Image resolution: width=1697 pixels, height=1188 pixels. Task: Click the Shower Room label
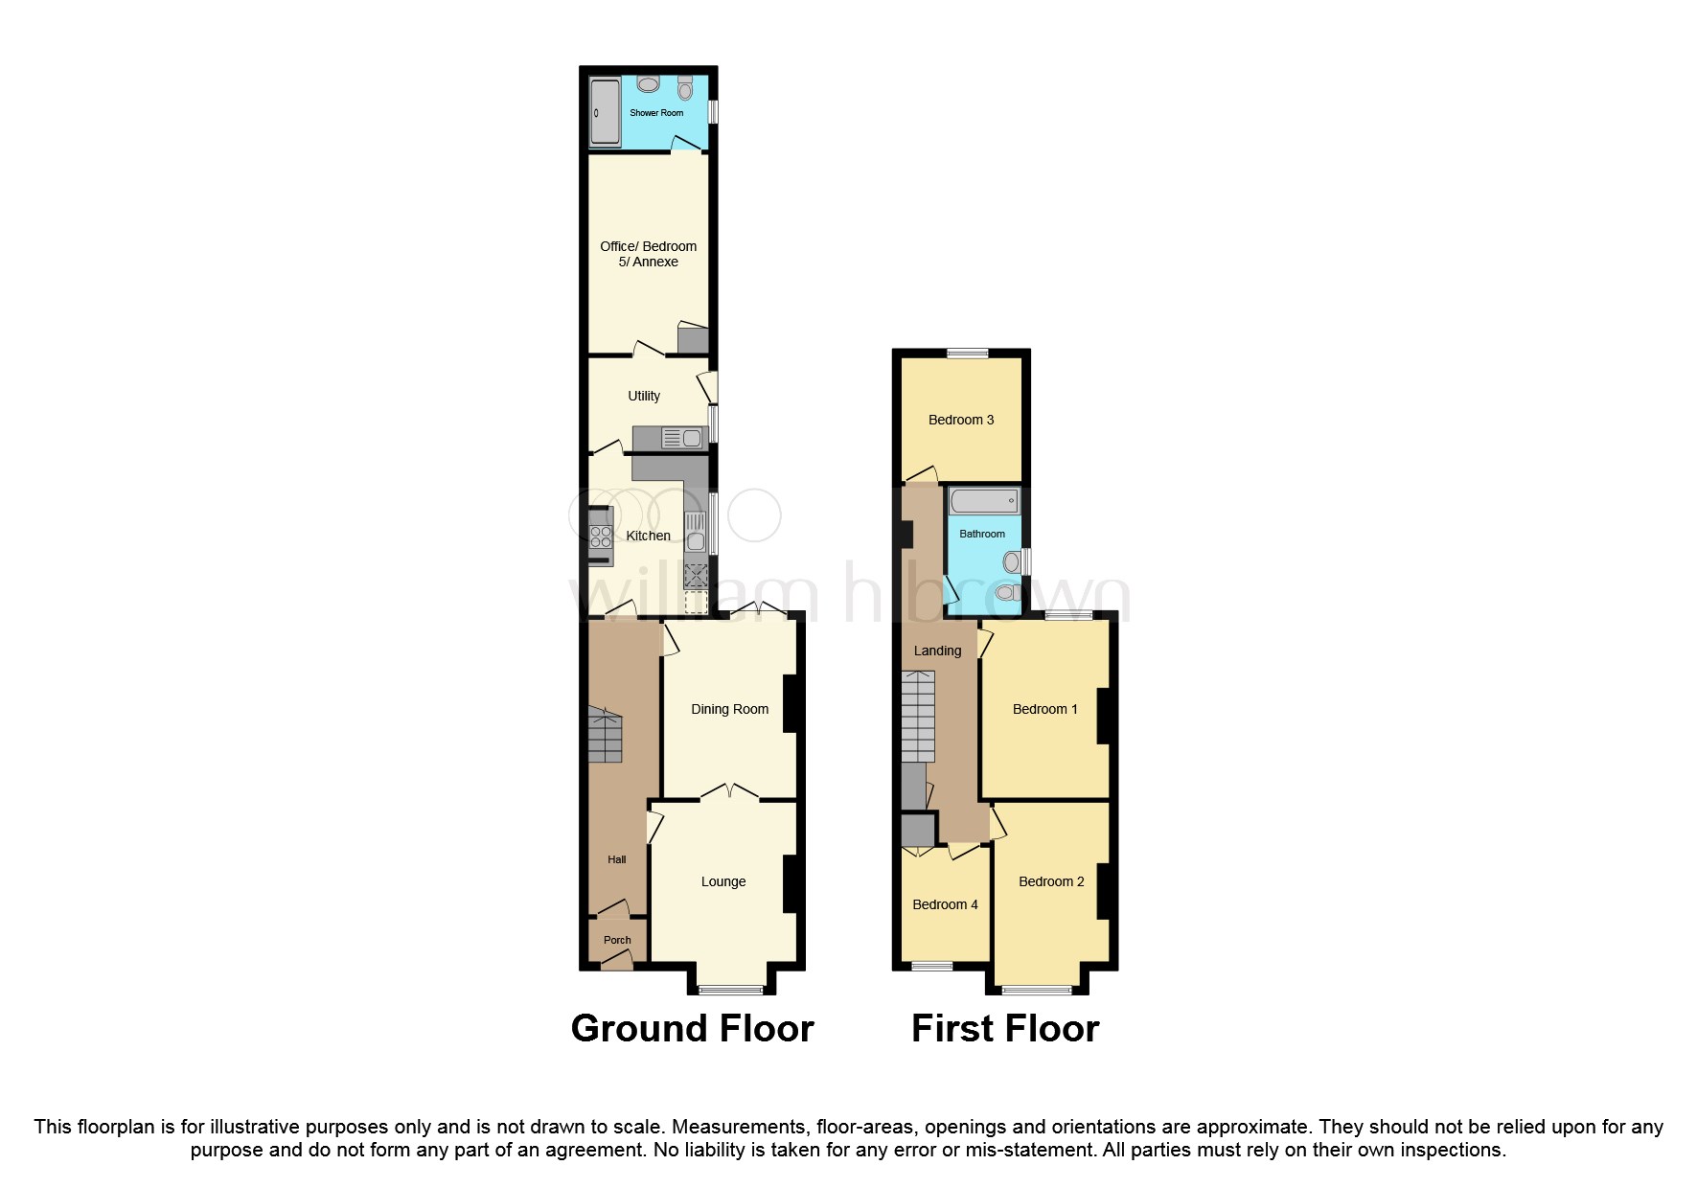click(656, 113)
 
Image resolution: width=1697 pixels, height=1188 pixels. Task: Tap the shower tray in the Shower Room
click(605, 113)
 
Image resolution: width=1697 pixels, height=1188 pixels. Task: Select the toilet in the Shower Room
click(684, 88)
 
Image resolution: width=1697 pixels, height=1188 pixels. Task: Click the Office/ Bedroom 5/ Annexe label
click(648, 254)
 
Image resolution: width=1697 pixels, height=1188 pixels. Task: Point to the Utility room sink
click(683, 439)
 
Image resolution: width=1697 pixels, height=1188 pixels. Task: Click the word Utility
click(644, 396)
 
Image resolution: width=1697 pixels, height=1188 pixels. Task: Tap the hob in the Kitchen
click(601, 536)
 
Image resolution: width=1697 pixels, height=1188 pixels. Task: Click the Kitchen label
click(648, 536)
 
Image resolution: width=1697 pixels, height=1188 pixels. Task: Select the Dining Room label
click(729, 709)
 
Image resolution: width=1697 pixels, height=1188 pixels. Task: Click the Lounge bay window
click(730, 990)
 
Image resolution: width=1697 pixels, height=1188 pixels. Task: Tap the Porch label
click(617, 940)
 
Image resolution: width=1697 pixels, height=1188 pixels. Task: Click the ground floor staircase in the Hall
click(605, 736)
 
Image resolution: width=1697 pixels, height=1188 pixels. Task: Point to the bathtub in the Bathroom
click(983, 501)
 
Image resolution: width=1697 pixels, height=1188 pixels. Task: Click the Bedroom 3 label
click(961, 420)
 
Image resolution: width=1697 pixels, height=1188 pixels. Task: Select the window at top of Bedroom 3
click(968, 354)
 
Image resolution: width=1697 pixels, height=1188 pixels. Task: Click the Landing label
click(937, 651)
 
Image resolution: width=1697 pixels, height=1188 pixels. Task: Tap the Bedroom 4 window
click(931, 966)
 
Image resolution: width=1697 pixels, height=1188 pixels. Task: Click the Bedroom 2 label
click(1051, 881)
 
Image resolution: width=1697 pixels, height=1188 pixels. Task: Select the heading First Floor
click(1005, 1028)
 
